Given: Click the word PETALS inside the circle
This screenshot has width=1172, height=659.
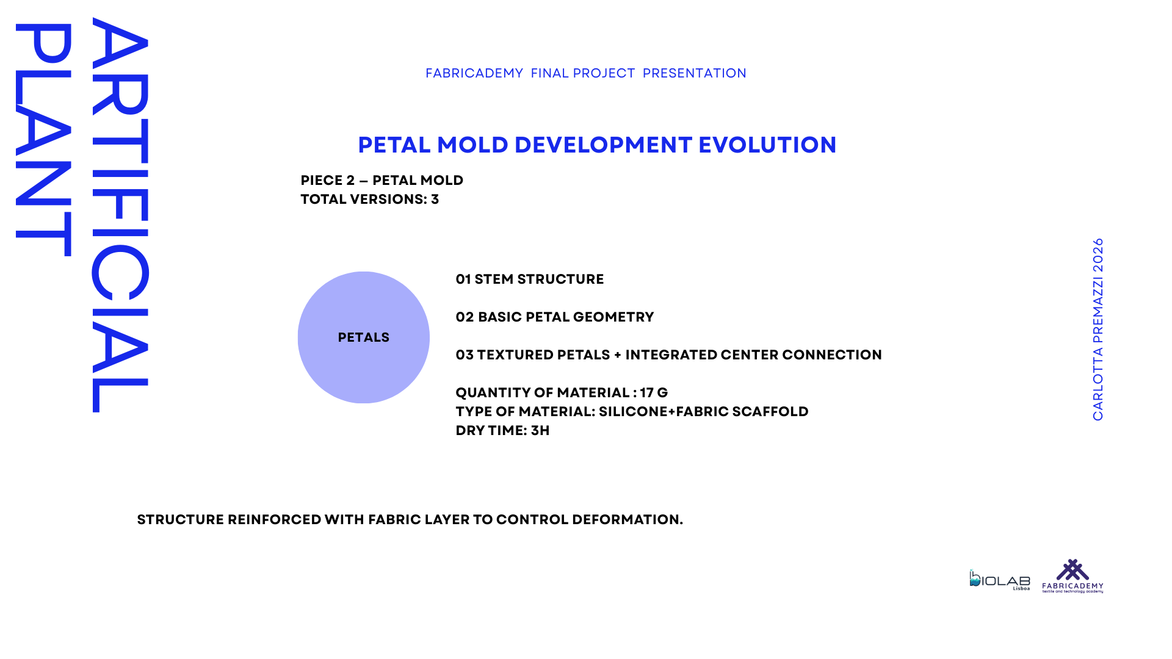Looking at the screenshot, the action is coord(363,337).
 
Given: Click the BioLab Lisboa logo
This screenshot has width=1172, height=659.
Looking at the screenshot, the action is coord(999,580).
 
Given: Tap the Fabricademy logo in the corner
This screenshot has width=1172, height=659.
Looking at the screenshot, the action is coord(1073,576).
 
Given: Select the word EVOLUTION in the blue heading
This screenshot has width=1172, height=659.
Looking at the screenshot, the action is coord(767,145).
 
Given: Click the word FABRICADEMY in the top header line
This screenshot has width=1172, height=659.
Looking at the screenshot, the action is coord(474,73).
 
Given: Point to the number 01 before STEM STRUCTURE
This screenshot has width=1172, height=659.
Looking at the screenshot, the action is coord(463,279).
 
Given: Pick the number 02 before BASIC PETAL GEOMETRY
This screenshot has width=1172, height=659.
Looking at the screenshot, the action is coord(465,317).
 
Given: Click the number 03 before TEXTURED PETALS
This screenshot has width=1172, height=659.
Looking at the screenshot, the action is coord(465,355).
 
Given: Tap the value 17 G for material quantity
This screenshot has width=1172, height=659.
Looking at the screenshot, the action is coord(654,393).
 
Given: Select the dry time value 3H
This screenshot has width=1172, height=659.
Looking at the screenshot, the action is coord(540,431).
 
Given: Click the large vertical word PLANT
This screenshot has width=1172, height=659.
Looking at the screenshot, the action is coord(43,140).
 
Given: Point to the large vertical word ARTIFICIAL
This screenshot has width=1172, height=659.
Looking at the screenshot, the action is coord(120,215).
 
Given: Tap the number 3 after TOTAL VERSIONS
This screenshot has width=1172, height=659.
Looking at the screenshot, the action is coord(435,200).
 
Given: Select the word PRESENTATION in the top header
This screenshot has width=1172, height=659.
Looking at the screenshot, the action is coord(695,73).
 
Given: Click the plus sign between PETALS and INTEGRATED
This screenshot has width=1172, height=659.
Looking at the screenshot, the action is coord(618,355).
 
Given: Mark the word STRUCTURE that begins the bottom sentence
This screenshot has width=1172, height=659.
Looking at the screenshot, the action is coord(181,520).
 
